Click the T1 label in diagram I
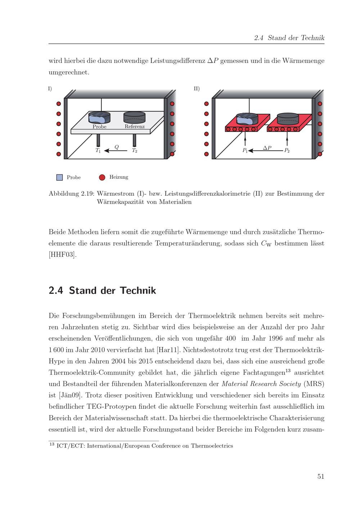98,151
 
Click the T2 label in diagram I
134,151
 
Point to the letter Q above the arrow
117,146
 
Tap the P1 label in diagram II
245,151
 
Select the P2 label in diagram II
287,151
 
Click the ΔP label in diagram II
267,147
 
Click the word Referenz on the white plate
135,127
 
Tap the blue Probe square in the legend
60,177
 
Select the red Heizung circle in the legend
102,177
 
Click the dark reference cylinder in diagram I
134,118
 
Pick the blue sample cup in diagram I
99,117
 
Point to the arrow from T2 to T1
116,151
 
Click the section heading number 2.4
56,290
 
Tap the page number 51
321,476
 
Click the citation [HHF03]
63,255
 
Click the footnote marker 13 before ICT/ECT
51,445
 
